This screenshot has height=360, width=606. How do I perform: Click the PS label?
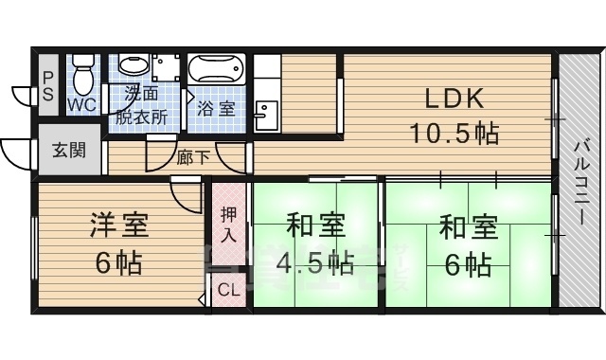(x=46, y=82)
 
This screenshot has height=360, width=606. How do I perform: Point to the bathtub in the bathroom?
(x=218, y=71)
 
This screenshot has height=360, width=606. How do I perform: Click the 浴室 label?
(x=217, y=108)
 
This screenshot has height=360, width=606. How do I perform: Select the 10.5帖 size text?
(x=454, y=134)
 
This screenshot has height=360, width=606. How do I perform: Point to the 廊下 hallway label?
(x=193, y=157)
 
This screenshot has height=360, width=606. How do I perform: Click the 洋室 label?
(x=118, y=227)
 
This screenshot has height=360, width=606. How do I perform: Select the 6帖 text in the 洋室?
(x=118, y=262)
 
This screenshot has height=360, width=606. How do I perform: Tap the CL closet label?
(x=228, y=291)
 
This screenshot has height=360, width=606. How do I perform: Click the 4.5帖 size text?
(x=316, y=262)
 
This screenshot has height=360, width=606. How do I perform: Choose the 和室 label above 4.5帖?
(x=316, y=227)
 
